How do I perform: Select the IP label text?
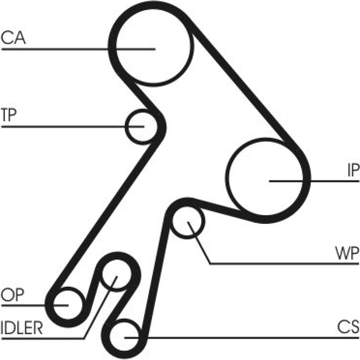coord(353,171)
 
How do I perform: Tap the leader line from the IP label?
coord(324,180)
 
